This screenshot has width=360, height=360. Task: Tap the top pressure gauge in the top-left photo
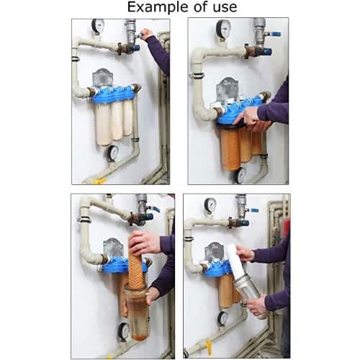(98, 26)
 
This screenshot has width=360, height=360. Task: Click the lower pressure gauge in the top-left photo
(112, 153)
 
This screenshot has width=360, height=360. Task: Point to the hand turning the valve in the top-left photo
(146, 34)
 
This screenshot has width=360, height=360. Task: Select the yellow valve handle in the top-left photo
(100, 181)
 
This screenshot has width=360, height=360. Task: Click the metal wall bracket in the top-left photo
(103, 78)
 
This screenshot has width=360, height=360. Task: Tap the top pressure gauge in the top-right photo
(223, 29)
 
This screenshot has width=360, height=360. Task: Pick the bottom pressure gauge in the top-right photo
(240, 176)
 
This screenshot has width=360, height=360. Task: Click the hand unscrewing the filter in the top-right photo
(250, 118)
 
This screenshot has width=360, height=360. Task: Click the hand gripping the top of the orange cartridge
(143, 242)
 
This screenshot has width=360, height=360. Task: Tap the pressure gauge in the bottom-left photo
(124, 332)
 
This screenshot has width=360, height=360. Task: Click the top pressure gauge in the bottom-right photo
(210, 205)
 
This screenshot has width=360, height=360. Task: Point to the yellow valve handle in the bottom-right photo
(210, 348)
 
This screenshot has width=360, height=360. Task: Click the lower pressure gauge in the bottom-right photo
(222, 318)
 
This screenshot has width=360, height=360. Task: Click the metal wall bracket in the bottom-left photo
(113, 247)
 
